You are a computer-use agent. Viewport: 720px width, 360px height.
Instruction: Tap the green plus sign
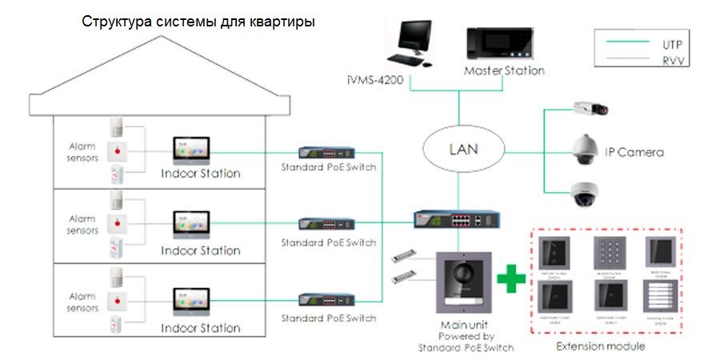tap(511, 281)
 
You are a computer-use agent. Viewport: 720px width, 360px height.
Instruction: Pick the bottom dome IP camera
tap(587, 192)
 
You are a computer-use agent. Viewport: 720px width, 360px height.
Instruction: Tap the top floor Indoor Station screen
tap(191, 149)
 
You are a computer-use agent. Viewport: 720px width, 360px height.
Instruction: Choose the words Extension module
tap(601, 346)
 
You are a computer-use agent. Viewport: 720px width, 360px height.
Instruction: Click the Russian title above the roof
tap(199, 21)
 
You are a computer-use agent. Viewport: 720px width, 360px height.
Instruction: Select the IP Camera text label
tap(634, 152)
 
